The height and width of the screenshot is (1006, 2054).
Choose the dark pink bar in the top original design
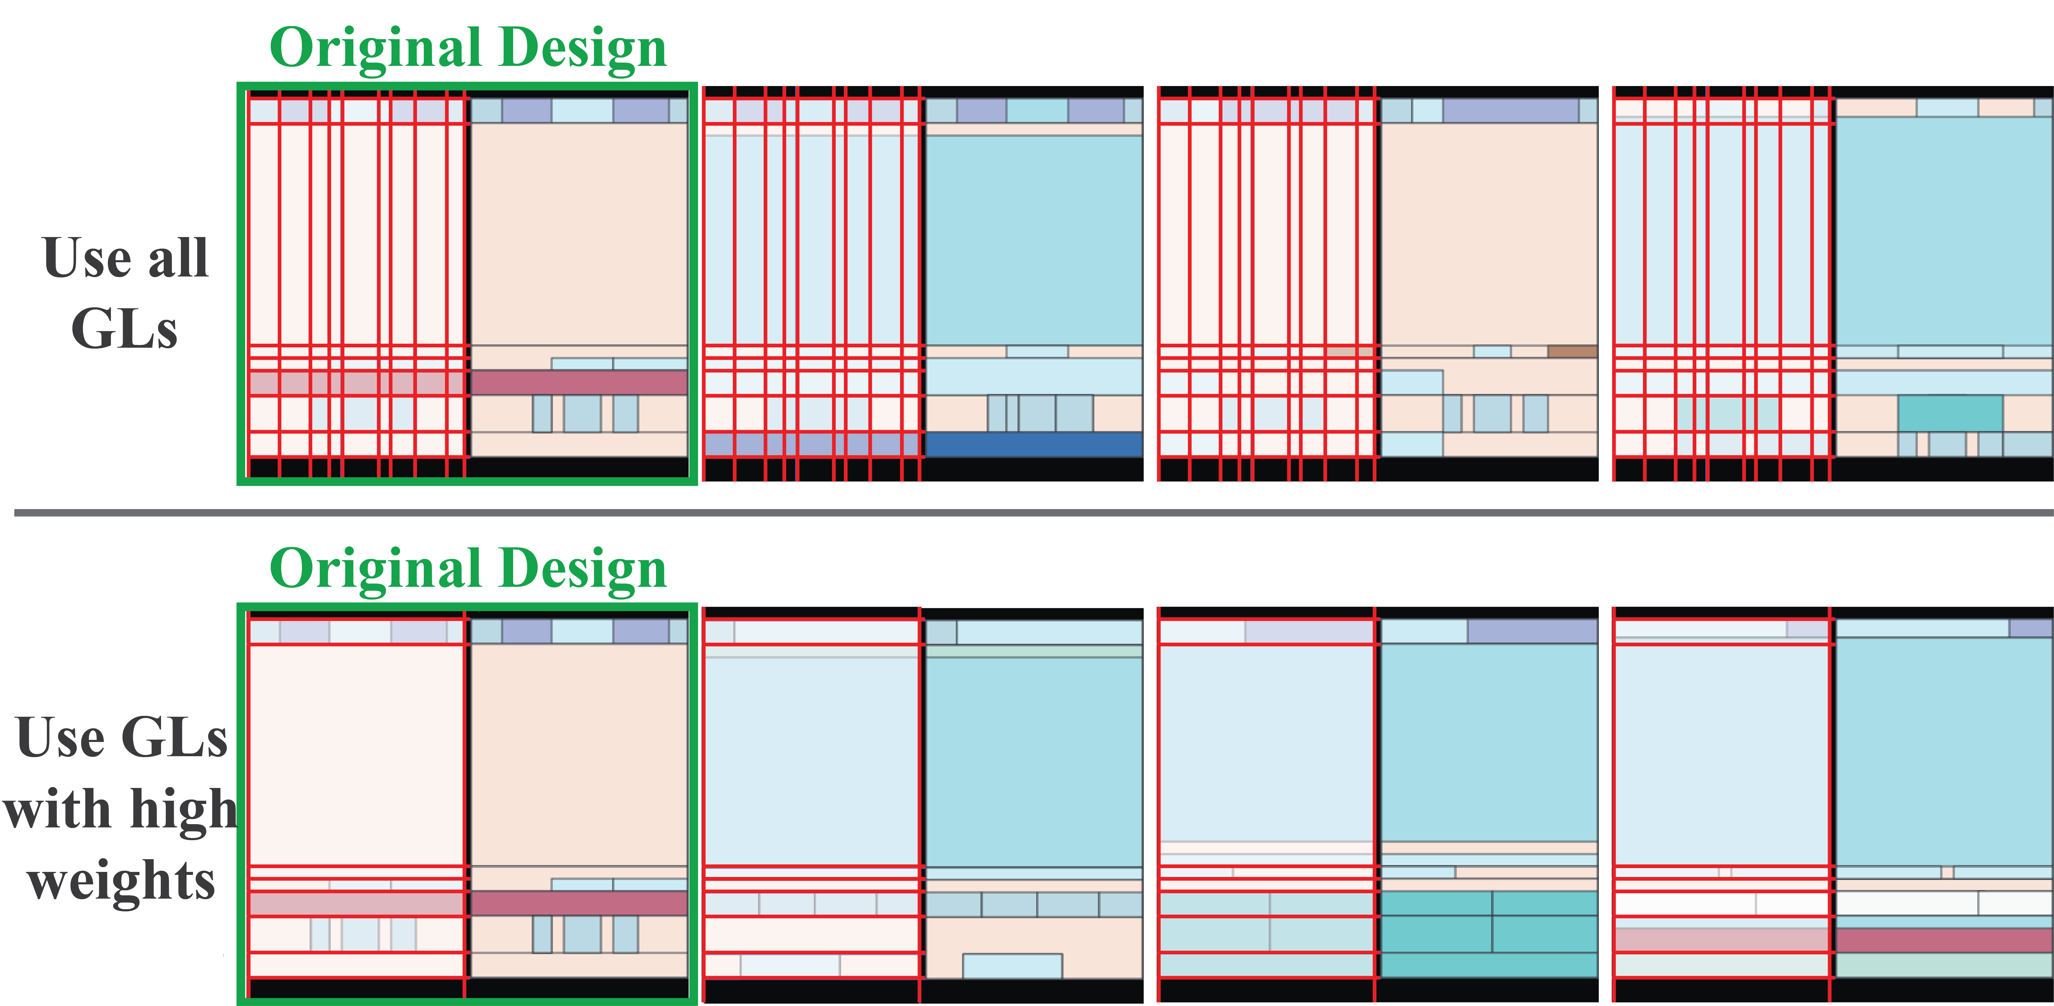tap(579, 382)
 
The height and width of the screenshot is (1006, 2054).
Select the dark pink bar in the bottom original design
tap(579, 903)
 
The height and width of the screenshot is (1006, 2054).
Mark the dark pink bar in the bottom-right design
tap(1944, 940)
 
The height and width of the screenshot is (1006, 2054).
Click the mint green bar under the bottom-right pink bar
tap(1944, 964)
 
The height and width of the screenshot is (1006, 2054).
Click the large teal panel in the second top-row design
tap(1034, 239)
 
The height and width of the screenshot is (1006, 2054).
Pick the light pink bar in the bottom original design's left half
tap(356, 903)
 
